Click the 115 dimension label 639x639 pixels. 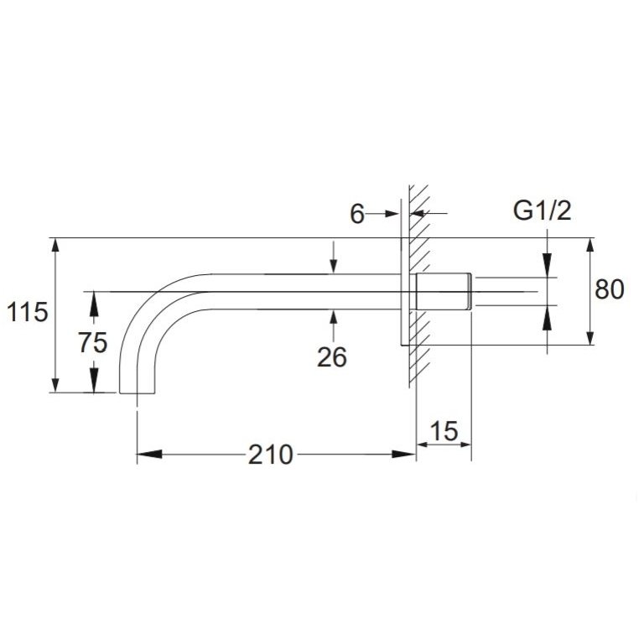28,313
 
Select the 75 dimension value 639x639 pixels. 93,342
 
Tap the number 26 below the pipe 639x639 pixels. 332,357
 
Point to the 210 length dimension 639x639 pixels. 271,455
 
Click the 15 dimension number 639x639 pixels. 444,431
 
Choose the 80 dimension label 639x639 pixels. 610,290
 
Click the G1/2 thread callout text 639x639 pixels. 542,211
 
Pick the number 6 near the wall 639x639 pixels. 357,215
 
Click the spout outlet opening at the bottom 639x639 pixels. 138,392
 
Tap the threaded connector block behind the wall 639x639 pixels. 444,292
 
